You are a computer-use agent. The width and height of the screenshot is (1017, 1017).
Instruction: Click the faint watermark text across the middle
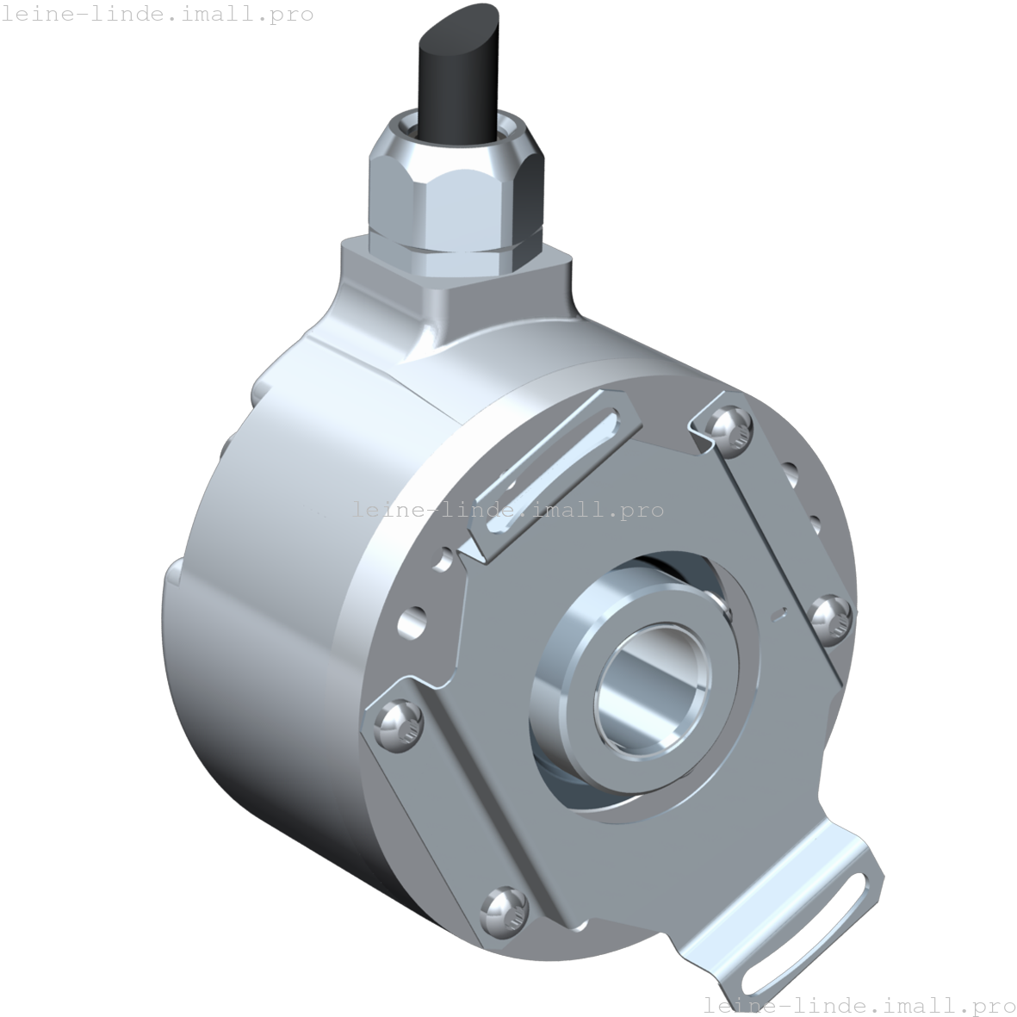[x=508, y=510]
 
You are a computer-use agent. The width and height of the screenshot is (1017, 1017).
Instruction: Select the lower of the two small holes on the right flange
[x=813, y=521]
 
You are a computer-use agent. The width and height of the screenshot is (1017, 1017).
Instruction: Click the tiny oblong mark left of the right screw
[x=779, y=614]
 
